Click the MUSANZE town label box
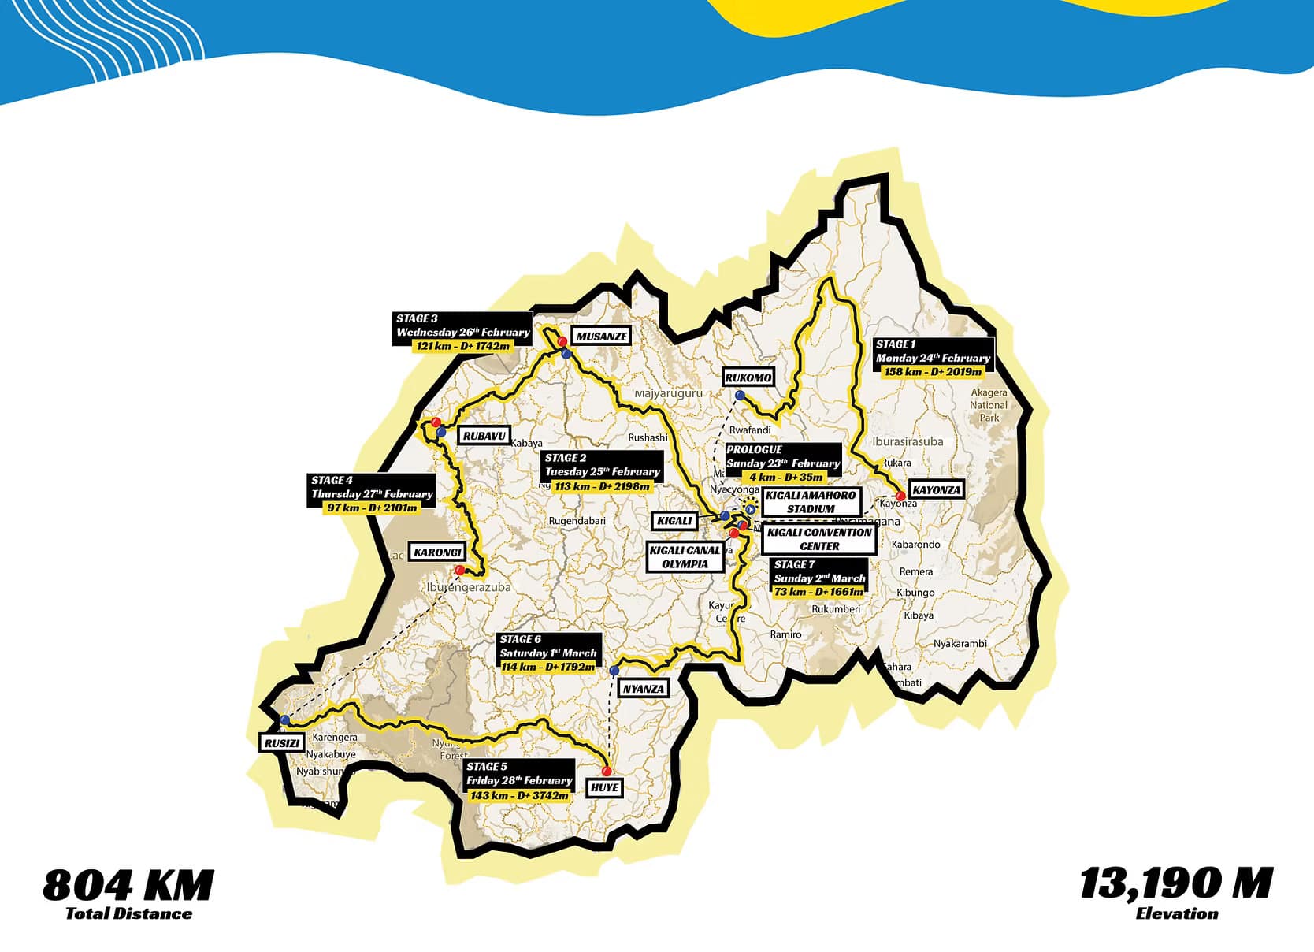click(601, 337)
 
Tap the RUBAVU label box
click(484, 436)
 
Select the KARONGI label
click(437, 552)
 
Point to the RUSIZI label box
click(281, 743)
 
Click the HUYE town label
click(604, 787)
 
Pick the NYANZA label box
click(644, 689)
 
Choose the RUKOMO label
click(748, 377)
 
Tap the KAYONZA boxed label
click(936, 489)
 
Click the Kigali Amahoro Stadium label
click(811, 502)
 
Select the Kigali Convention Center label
click(819, 539)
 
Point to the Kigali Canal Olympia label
click(685, 557)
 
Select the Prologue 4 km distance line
click(785, 477)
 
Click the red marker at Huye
click(607, 771)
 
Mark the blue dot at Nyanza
click(614, 671)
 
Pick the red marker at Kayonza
click(900, 496)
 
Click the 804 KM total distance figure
click(128, 885)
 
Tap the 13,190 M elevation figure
click(1175, 883)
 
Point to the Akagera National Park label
click(989, 405)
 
